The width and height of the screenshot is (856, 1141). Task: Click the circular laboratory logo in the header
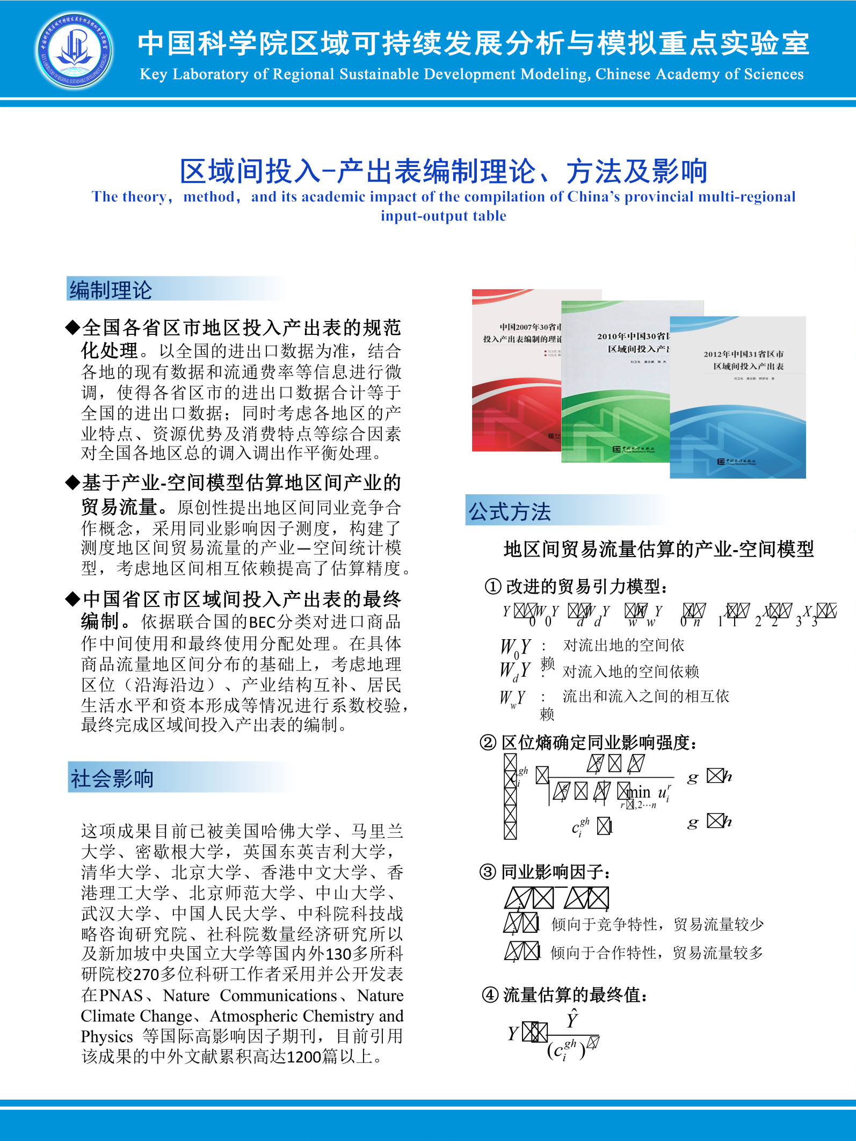pyautogui.click(x=75, y=51)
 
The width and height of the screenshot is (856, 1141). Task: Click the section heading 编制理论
pyautogui.click(x=111, y=290)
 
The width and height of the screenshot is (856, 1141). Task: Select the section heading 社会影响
pyautogui.click(x=112, y=778)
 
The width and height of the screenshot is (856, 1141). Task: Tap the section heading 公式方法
pyautogui.click(x=510, y=511)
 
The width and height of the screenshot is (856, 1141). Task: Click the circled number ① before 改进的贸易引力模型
pyautogui.click(x=493, y=587)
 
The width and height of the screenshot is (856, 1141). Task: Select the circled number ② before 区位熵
pyautogui.click(x=488, y=743)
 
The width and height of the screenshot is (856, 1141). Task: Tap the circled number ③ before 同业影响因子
pyautogui.click(x=488, y=872)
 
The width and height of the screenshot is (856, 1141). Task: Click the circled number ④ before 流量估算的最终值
pyautogui.click(x=490, y=995)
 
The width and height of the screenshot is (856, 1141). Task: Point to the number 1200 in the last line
pyautogui.click(x=303, y=1057)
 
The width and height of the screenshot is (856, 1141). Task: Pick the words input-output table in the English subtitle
pyautogui.click(x=444, y=216)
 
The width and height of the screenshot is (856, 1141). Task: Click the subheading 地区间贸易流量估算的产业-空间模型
pyautogui.click(x=658, y=549)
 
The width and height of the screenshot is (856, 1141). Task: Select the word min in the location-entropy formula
pyautogui.click(x=639, y=792)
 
